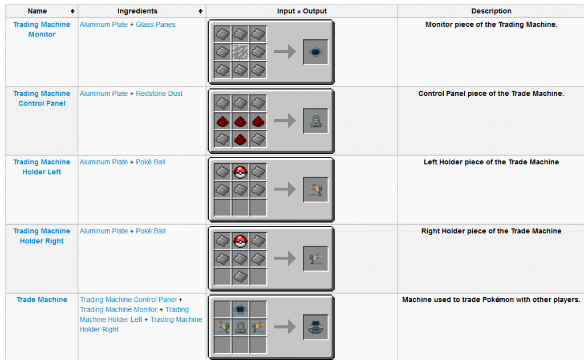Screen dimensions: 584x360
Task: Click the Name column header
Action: pyautogui.click(x=37, y=11)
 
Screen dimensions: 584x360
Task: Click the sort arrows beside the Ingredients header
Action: pyautogui.click(x=200, y=11)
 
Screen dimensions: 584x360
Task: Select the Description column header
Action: pyautogui.click(x=491, y=11)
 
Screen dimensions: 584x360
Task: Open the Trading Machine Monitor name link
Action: pyautogui.click(x=42, y=30)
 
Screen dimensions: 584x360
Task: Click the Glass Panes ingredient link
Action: pyautogui.click(x=155, y=25)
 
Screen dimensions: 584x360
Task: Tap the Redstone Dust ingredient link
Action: pyautogui.click(x=159, y=94)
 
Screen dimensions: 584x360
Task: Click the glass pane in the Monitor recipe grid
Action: pyautogui.click(x=240, y=52)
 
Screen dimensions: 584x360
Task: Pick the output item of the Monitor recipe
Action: pyautogui.click(x=315, y=52)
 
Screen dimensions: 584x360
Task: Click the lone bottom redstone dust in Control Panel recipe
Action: pyautogui.click(x=240, y=139)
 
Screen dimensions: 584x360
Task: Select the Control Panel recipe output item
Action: pyautogui.click(x=315, y=121)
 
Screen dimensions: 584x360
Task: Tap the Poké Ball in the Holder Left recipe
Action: pyautogui.click(x=240, y=172)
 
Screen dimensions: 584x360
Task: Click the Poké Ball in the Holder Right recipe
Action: pyautogui.click(x=240, y=241)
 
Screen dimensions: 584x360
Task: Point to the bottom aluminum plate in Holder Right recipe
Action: pyautogui.click(x=240, y=277)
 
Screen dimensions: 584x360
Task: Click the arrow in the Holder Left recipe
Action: pyautogui.click(x=285, y=189)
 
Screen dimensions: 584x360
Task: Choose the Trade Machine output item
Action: pyautogui.click(x=315, y=327)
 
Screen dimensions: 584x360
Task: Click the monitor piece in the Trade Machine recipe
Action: pyautogui.click(x=240, y=309)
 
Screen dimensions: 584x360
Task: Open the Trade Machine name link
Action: pyautogui.click(x=42, y=300)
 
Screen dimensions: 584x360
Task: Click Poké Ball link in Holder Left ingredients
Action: pyautogui.click(x=151, y=162)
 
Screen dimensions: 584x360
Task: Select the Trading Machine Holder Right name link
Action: pyautogui.click(x=42, y=236)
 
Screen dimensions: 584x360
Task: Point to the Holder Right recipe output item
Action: pyautogui.click(x=315, y=258)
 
